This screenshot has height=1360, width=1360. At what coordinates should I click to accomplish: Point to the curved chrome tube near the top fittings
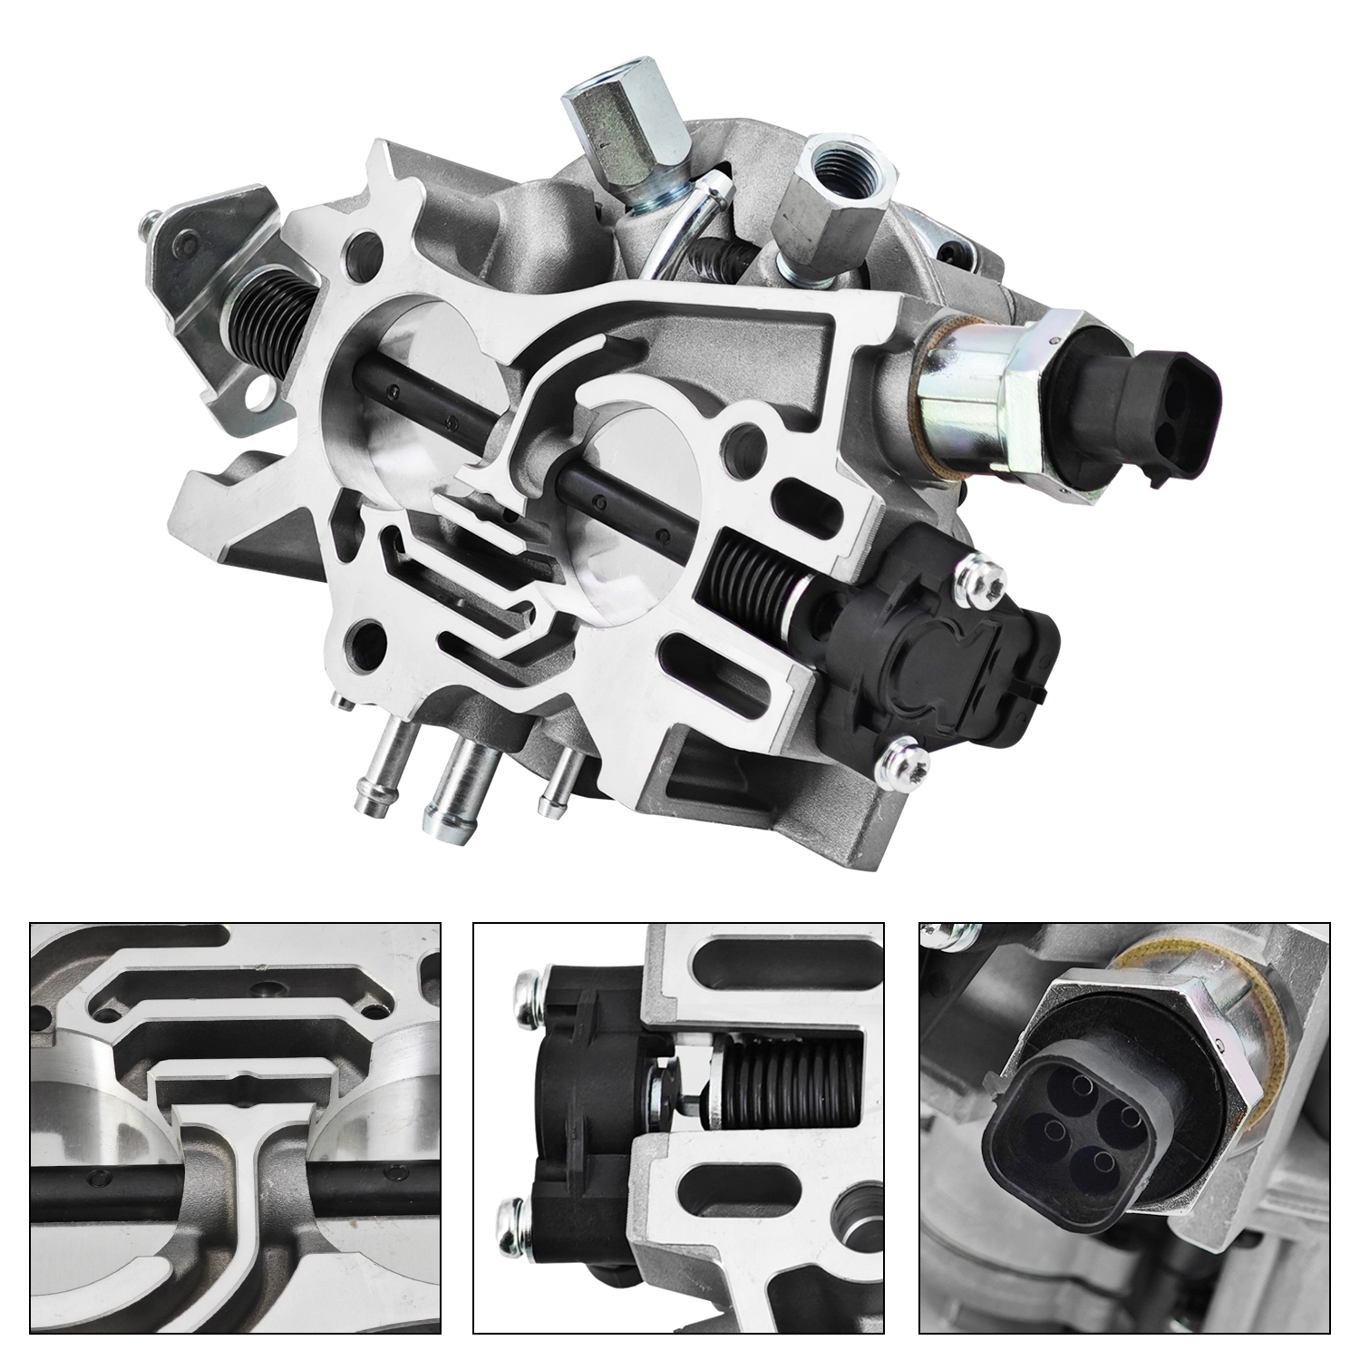coord(679,226)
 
